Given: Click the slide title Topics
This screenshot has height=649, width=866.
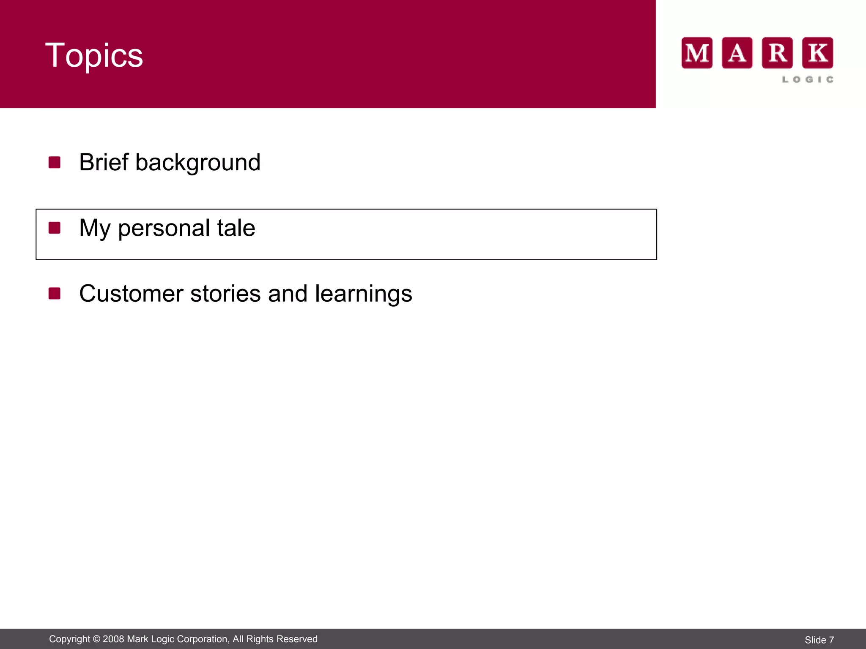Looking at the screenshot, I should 94,55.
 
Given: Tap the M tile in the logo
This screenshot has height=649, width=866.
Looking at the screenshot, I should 697,53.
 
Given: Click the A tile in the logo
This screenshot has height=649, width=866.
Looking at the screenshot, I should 737,53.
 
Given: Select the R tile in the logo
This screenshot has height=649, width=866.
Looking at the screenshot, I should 777,53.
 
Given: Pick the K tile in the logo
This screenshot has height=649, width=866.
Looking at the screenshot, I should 818,53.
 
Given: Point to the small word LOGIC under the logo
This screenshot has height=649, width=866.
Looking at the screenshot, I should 808,79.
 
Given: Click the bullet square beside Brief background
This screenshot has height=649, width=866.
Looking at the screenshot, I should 55,162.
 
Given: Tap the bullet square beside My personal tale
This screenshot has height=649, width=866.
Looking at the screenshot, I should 55,228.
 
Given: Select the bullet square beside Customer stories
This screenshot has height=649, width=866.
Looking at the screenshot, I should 55,293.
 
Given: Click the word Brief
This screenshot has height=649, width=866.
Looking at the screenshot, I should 104,162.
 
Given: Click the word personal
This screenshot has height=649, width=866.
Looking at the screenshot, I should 164,229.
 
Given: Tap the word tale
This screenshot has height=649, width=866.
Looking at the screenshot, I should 236,228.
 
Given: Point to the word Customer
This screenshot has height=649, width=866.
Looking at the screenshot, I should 131,294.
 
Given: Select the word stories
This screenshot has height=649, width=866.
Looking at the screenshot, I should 225,294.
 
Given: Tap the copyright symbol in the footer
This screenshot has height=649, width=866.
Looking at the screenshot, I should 96,639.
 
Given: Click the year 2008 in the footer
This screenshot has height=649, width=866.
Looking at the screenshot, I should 113,639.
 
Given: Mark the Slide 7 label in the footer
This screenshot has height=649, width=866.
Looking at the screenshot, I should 819,640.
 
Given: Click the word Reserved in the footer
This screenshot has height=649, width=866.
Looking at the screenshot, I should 299,639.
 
